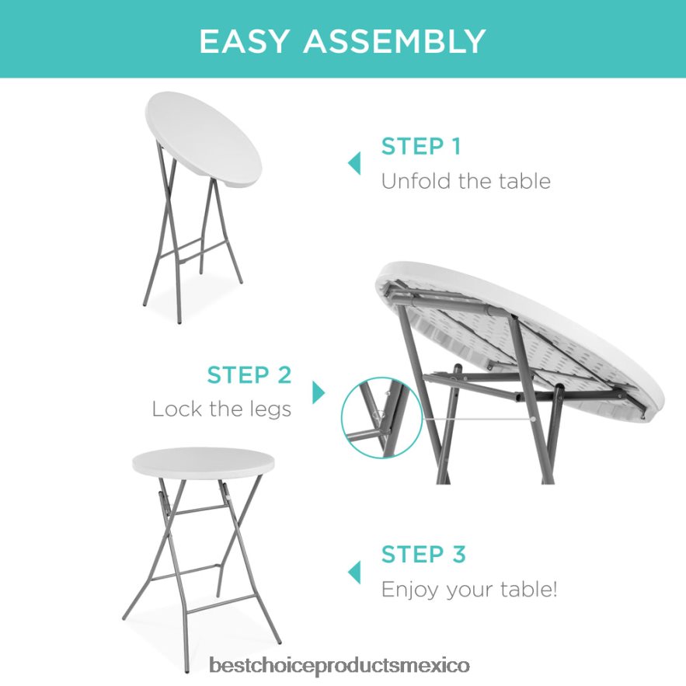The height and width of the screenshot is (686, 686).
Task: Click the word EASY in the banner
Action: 244,41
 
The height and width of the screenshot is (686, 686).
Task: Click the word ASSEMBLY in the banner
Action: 395,41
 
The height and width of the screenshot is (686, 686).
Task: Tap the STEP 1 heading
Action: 421,146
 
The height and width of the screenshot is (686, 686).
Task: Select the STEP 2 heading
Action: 249,375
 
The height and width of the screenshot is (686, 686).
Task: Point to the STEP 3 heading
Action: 423,554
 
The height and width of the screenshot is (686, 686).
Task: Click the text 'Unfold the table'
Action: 465,181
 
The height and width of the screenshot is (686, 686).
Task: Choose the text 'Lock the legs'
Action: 221,409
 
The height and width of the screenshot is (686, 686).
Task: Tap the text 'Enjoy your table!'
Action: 469,590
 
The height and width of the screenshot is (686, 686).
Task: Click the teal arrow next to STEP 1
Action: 354,163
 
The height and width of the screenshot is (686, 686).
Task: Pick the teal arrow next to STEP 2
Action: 319,392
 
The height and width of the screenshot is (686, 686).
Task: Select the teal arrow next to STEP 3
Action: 354,573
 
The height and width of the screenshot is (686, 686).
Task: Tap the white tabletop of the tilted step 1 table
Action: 203,136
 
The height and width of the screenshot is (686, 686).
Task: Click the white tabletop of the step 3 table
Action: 203,463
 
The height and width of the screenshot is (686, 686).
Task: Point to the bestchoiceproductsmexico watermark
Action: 339,666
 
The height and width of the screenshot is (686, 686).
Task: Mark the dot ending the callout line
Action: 534,419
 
